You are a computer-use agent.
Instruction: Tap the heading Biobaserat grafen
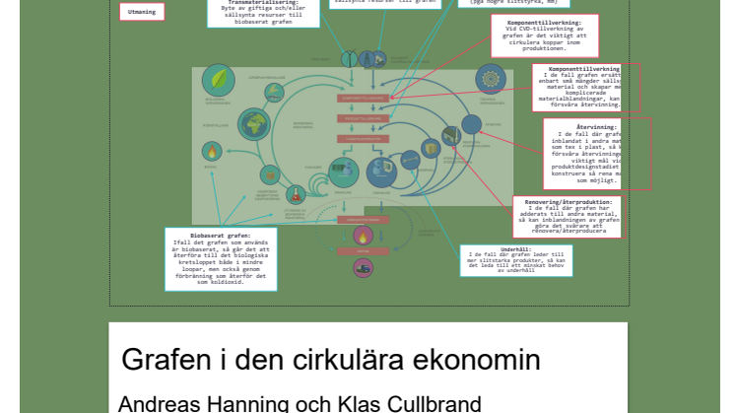220,237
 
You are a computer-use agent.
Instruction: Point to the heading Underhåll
515,248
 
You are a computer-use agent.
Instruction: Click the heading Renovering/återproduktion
569,201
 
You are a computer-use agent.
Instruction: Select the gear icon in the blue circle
491,79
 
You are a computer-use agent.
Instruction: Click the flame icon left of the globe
211,151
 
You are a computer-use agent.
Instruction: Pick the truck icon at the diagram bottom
363,266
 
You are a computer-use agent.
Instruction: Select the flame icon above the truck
363,237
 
